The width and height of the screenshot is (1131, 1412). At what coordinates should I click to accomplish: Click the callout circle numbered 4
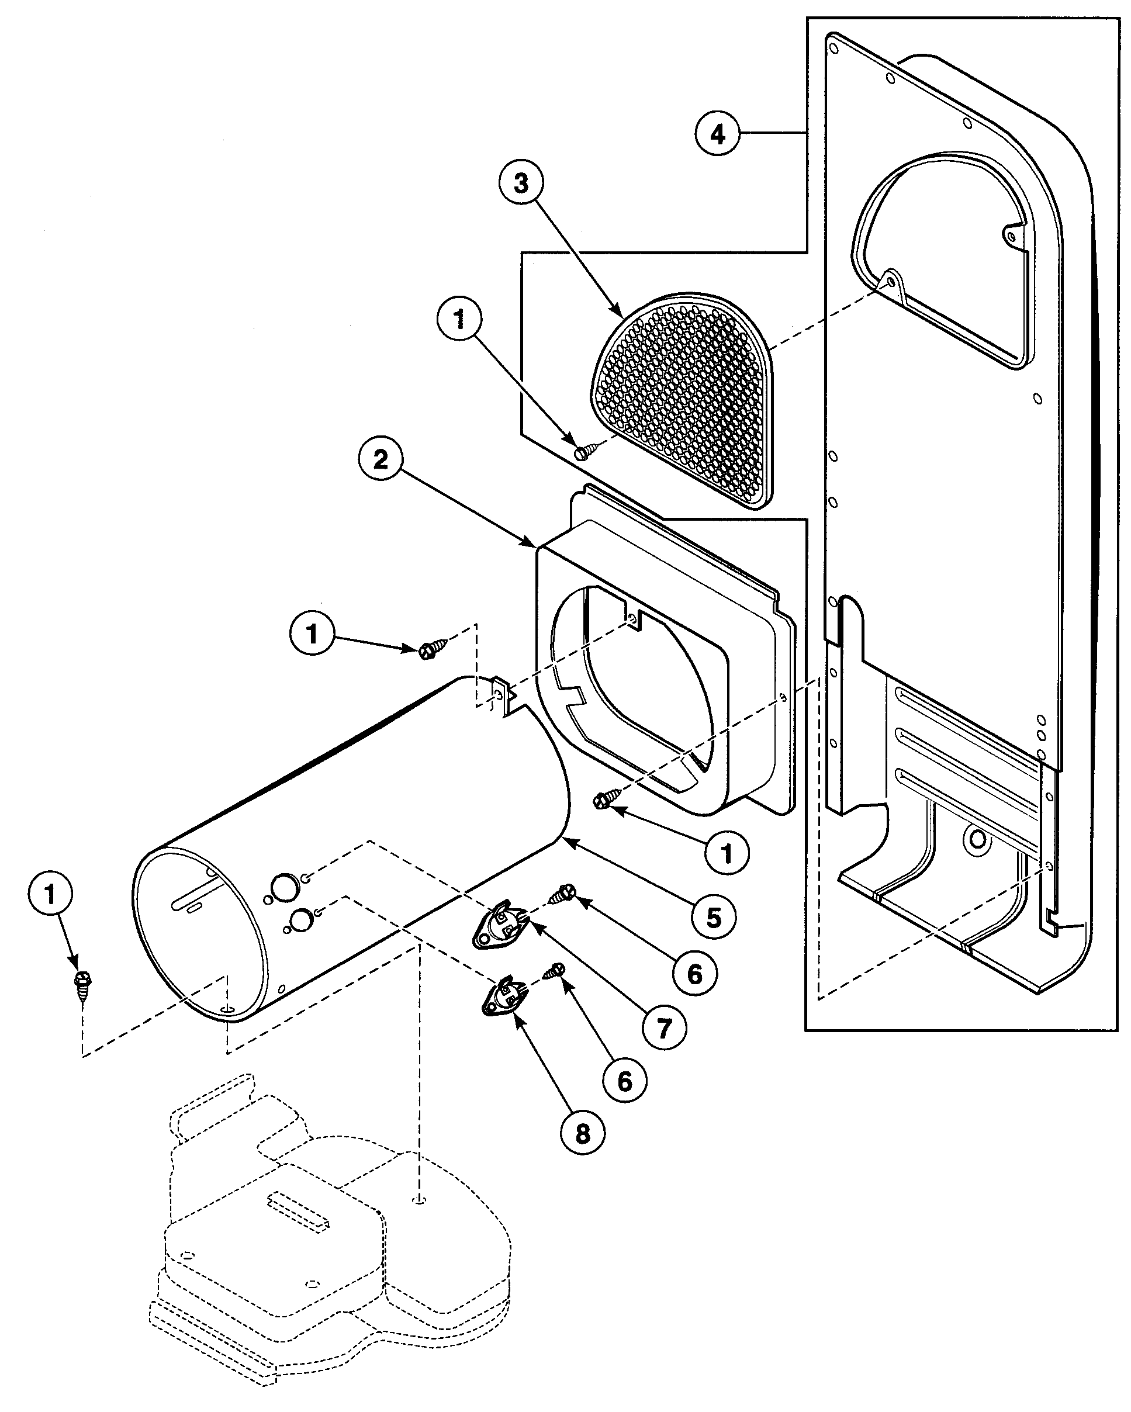tap(718, 134)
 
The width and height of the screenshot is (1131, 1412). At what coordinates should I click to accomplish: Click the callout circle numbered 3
tap(521, 183)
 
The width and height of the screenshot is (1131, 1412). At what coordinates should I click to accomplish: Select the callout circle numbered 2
tap(381, 459)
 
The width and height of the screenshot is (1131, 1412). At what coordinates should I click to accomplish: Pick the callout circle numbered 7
tap(664, 1027)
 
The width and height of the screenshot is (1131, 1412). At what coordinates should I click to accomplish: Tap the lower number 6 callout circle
tap(624, 1080)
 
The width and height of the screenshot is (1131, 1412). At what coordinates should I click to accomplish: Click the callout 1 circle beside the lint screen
tap(459, 319)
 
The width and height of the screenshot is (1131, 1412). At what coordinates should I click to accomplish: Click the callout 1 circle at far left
tap(50, 893)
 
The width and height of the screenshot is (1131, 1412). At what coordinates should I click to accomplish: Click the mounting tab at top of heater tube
tap(501, 695)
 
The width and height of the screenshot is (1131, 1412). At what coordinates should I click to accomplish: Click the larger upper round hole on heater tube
tap(285, 887)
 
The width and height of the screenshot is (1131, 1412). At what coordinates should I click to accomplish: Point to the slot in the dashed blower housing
tap(298, 1207)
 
